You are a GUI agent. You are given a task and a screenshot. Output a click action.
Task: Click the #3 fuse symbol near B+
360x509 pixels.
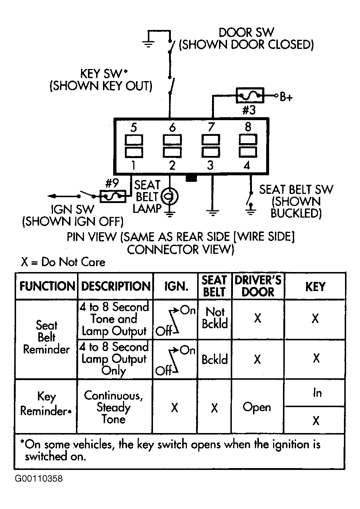[250, 95]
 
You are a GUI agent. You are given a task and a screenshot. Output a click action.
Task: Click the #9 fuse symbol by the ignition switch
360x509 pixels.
[113, 196]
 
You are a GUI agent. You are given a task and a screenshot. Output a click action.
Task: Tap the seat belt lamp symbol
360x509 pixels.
[169, 196]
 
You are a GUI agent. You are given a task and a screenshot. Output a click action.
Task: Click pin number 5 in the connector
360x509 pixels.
[134, 127]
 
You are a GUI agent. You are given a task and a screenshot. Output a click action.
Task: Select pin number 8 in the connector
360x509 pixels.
[248, 127]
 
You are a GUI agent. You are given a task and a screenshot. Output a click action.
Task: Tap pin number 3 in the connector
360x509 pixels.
[210, 165]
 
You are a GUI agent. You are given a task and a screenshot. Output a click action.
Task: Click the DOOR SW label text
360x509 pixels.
[246, 32]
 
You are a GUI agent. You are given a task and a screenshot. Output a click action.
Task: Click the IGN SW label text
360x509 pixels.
[72, 209]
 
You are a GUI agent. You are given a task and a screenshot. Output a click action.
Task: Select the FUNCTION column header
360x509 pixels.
[47, 286]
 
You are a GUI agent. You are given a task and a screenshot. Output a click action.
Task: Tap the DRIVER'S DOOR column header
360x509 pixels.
[258, 286]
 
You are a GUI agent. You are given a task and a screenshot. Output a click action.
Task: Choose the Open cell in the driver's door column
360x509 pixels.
[257, 407]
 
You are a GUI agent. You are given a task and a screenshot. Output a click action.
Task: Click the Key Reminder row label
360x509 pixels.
[46, 403]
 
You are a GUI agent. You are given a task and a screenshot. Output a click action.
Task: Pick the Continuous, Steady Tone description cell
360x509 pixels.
[114, 407]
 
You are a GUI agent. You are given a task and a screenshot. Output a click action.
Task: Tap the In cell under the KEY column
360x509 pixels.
[317, 393]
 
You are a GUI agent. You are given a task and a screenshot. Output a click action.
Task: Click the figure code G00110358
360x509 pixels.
[39, 479]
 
